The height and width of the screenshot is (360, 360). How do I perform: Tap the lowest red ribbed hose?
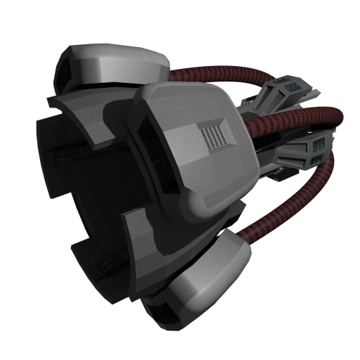point(295,204)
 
